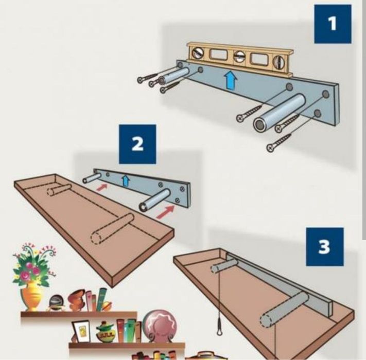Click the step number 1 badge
333,24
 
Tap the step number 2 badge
137,143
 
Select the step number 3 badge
323,247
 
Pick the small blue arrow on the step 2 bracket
124,179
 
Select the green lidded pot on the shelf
105,332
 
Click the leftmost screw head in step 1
141,79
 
